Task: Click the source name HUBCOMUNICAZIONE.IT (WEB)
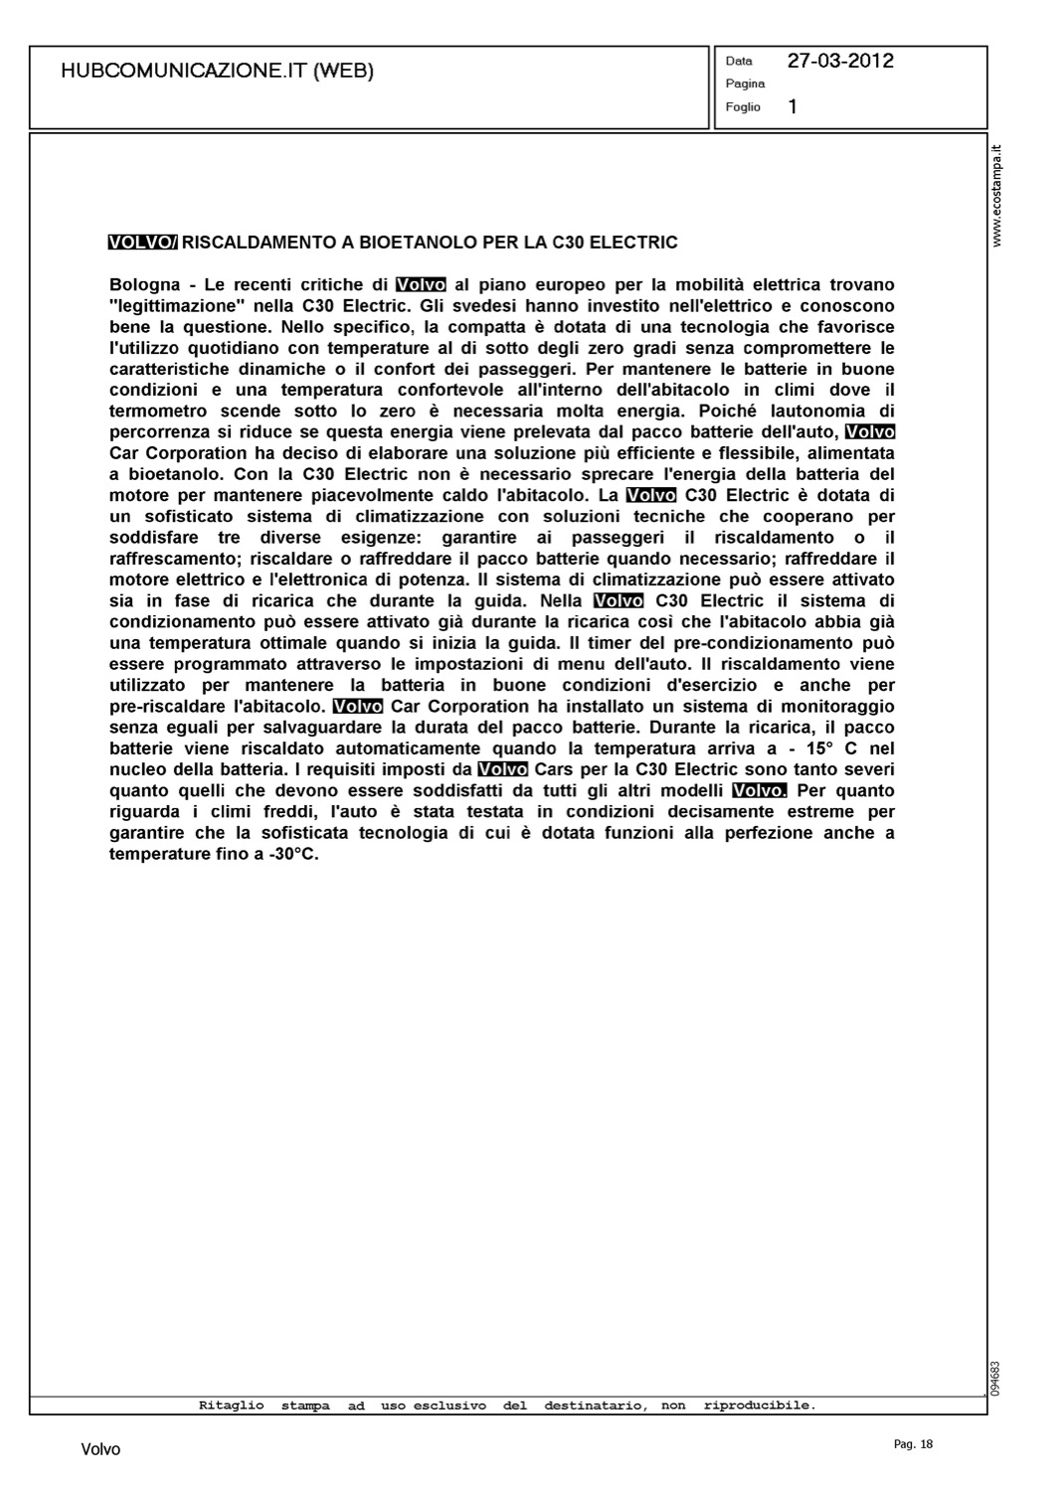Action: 217,71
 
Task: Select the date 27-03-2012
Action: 840,61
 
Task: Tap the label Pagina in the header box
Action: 745,83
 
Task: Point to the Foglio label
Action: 743,106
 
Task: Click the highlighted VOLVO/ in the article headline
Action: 143,242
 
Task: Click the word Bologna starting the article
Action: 145,284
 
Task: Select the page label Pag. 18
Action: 914,1445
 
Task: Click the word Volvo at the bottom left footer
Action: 100,1450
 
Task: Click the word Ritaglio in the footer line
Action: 231,1406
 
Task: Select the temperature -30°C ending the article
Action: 293,854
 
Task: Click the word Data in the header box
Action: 739,61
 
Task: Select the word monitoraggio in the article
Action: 830,706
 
